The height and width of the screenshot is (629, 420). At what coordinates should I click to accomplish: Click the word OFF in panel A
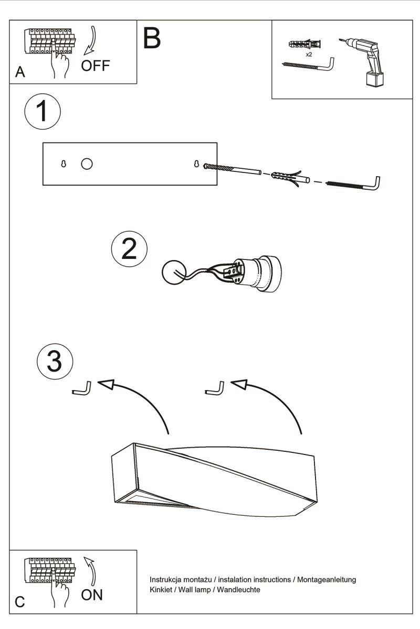click(x=96, y=66)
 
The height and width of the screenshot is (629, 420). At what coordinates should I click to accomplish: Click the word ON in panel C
click(x=92, y=594)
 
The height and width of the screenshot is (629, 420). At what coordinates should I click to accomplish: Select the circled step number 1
click(x=43, y=112)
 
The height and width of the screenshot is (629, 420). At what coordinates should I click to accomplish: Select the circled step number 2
click(x=129, y=249)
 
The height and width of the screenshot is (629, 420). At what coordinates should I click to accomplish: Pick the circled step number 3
click(x=55, y=361)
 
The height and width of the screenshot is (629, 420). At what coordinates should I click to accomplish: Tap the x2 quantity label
click(x=309, y=54)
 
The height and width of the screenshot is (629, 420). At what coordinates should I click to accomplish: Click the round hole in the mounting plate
click(x=87, y=164)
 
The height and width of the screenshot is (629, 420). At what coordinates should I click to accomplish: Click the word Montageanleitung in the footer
click(x=327, y=580)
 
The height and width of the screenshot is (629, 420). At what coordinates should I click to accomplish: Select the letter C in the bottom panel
click(x=20, y=602)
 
